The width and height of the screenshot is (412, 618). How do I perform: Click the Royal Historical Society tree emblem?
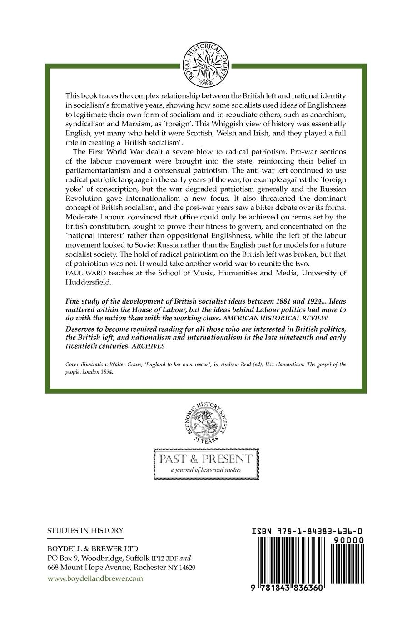click(206, 63)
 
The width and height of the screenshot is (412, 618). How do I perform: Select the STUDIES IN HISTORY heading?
click(85, 530)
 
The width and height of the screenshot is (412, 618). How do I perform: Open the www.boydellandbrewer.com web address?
click(95, 578)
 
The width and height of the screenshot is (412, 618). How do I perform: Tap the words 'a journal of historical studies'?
click(205, 469)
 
